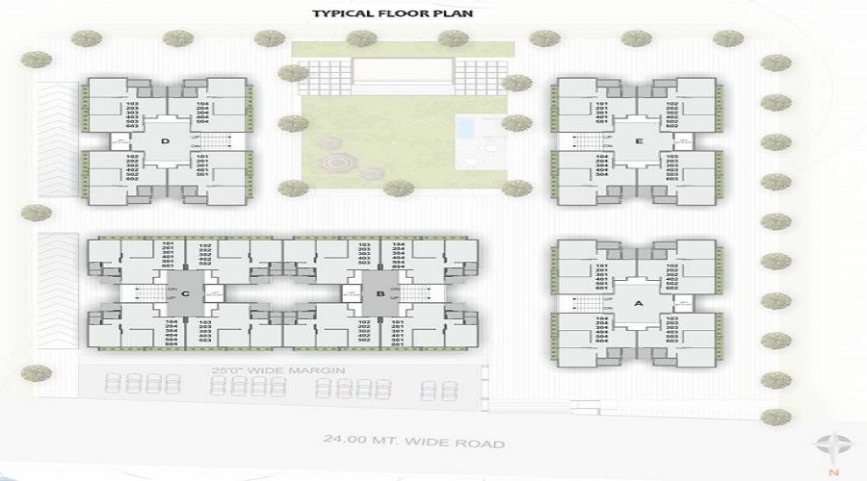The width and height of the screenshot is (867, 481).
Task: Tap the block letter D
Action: [x=166, y=141]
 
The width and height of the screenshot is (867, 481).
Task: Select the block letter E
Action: [x=639, y=140]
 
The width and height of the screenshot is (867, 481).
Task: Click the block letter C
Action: [x=184, y=292]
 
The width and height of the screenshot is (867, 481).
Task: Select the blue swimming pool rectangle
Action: [x=466, y=126]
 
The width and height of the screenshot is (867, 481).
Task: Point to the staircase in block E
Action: [x=589, y=143]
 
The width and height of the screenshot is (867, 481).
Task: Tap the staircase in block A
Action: [x=589, y=303]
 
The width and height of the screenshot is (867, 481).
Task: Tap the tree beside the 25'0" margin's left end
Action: [x=36, y=373]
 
